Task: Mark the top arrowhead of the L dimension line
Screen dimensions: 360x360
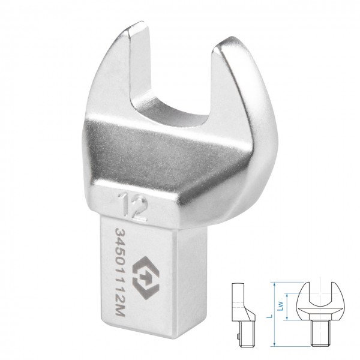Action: [274, 284]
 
